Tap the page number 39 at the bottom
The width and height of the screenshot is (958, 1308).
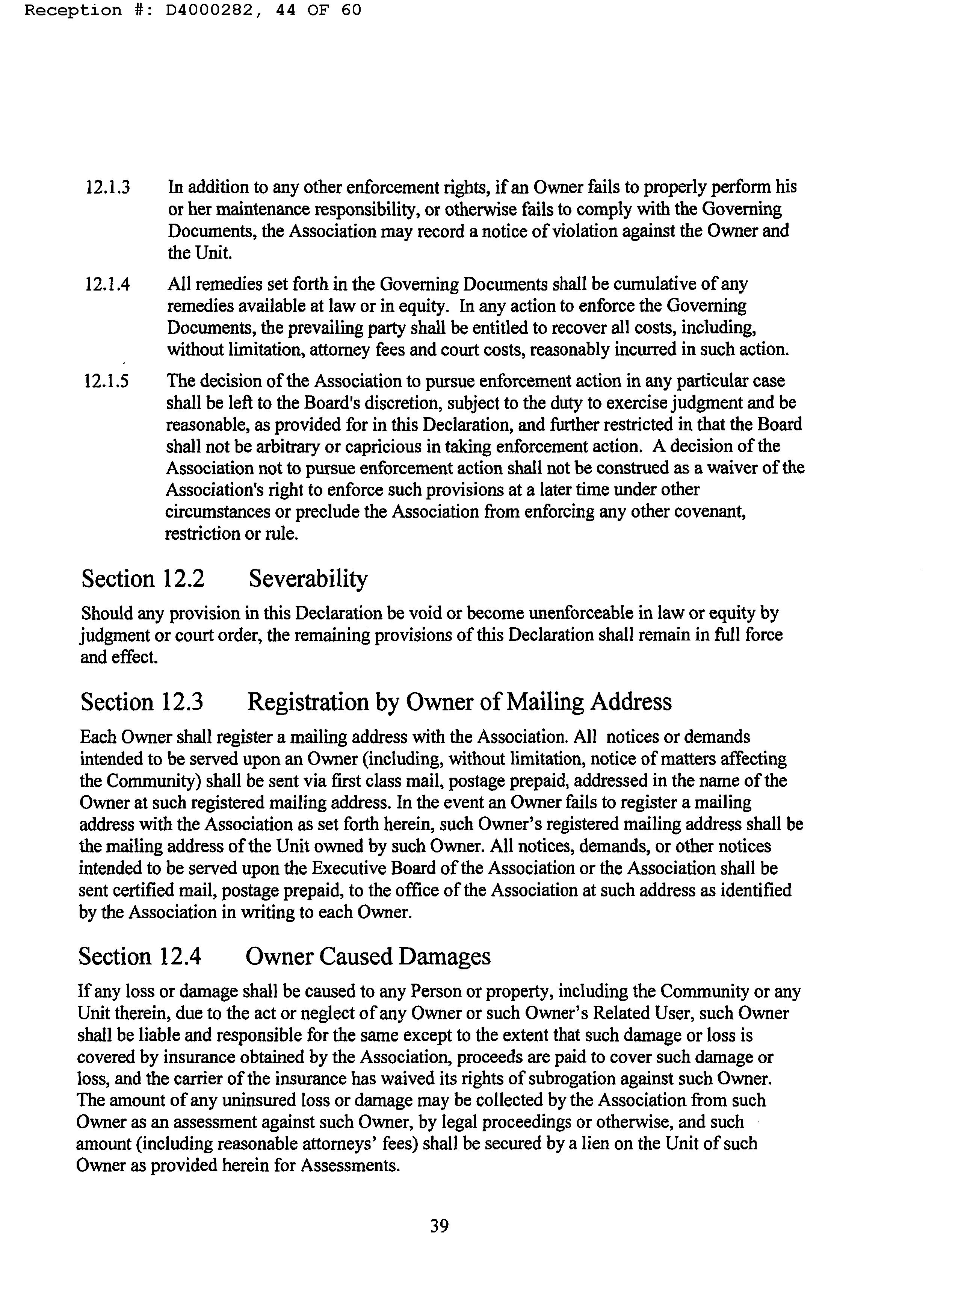coord(439,1226)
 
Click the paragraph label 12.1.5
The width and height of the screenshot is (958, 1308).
coord(107,381)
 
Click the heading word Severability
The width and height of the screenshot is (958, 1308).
coord(308,579)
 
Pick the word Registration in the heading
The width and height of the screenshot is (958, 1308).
coord(307,702)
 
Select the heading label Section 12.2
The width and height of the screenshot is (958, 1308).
coord(143,579)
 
